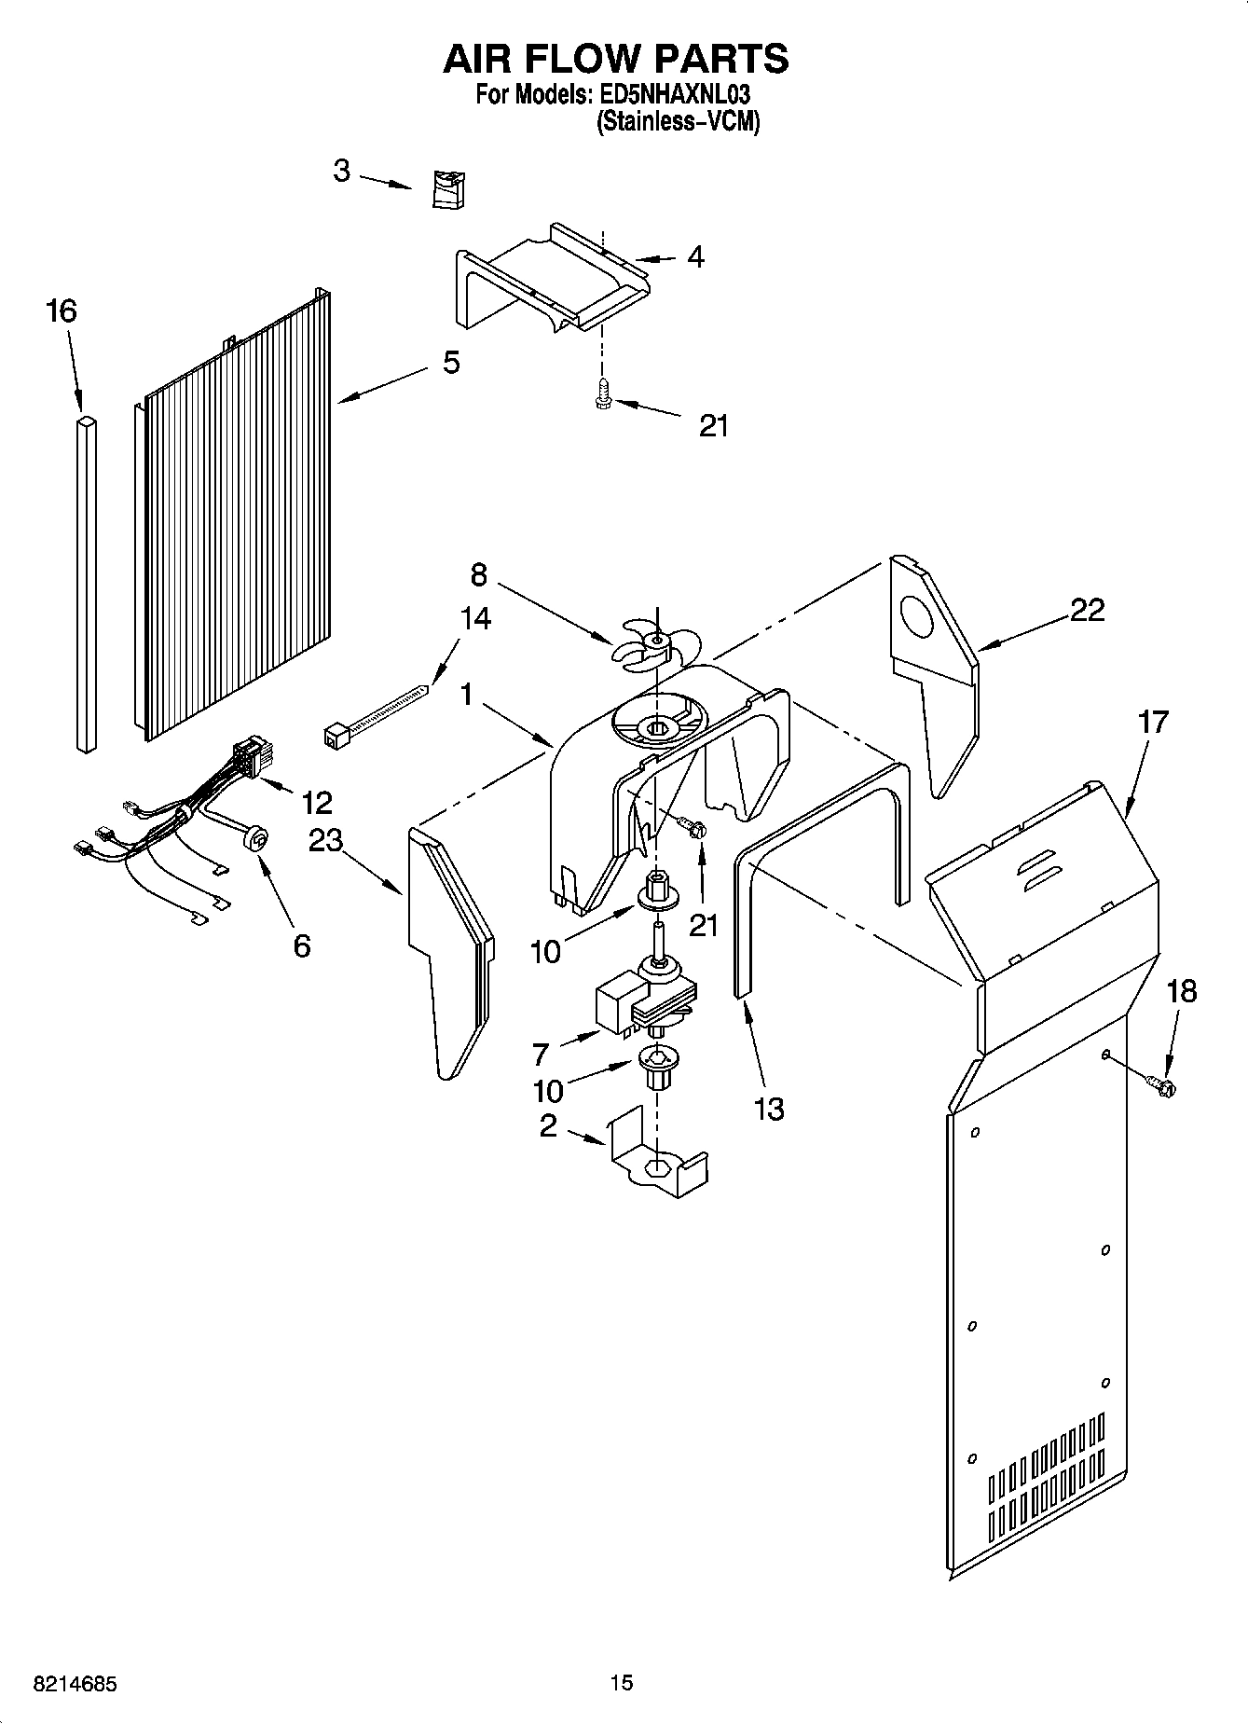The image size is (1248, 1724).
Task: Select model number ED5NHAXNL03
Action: coord(672,95)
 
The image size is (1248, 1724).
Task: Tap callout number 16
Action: coord(62,310)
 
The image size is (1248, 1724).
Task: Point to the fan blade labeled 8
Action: coord(656,643)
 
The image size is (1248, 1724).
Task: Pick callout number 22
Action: coord(1087,610)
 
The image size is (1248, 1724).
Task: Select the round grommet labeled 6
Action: coord(254,838)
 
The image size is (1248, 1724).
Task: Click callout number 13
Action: coord(769,1109)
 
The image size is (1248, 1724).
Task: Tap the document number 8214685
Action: coord(62,1684)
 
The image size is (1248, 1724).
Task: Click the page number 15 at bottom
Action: coord(622,1683)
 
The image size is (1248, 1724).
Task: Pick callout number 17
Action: coord(1154,723)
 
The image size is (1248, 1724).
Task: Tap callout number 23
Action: coord(325,840)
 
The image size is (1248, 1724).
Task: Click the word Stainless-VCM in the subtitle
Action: coord(678,121)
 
